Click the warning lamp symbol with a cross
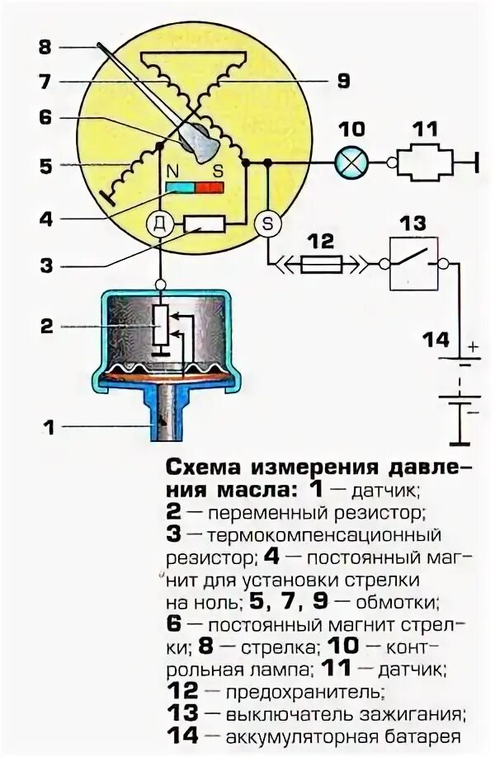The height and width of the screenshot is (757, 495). click(x=352, y=163)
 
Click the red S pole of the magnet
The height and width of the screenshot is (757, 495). click(x=210, y=187)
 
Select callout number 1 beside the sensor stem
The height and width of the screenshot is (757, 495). click(x=48, y=427)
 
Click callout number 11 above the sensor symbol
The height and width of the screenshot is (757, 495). click(x=427, y=129)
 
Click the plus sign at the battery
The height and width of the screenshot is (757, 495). click(x=474, y=347)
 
